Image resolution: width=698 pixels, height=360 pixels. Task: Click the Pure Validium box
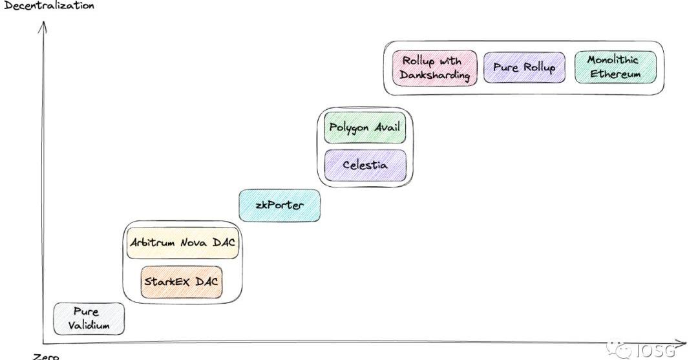pos(89,319)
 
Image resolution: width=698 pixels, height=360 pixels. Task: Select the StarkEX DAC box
pos(182,282)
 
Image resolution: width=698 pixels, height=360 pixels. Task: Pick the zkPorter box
pos(279,206)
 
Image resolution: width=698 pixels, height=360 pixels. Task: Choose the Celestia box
pos(365,165)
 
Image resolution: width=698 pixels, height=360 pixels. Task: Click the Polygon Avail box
pos(365,128)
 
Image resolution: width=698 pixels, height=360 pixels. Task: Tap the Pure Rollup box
pos(523,67)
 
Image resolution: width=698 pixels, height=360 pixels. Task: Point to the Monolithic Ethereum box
pos(615,67)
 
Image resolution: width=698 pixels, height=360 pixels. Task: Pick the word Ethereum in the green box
pos(615,74)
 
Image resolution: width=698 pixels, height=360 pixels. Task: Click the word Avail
pos(386,128)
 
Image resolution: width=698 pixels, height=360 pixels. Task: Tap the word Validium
pos(89,325)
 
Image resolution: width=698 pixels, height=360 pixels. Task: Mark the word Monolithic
pos(613,60)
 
